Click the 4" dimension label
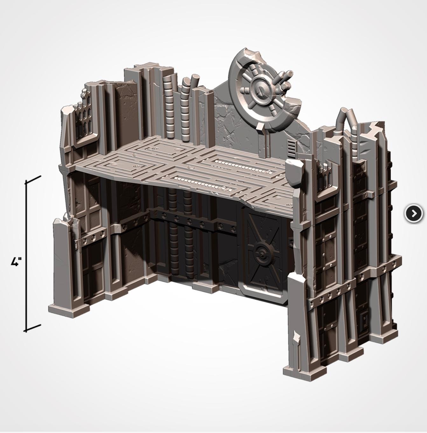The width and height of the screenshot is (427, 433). click(16, 262)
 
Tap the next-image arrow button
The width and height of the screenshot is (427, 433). click(414, 213)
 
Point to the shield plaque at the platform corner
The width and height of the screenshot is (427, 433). click(295, 173)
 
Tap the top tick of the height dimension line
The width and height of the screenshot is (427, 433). click(33, 179)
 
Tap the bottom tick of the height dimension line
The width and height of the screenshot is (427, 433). click(33, 328)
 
